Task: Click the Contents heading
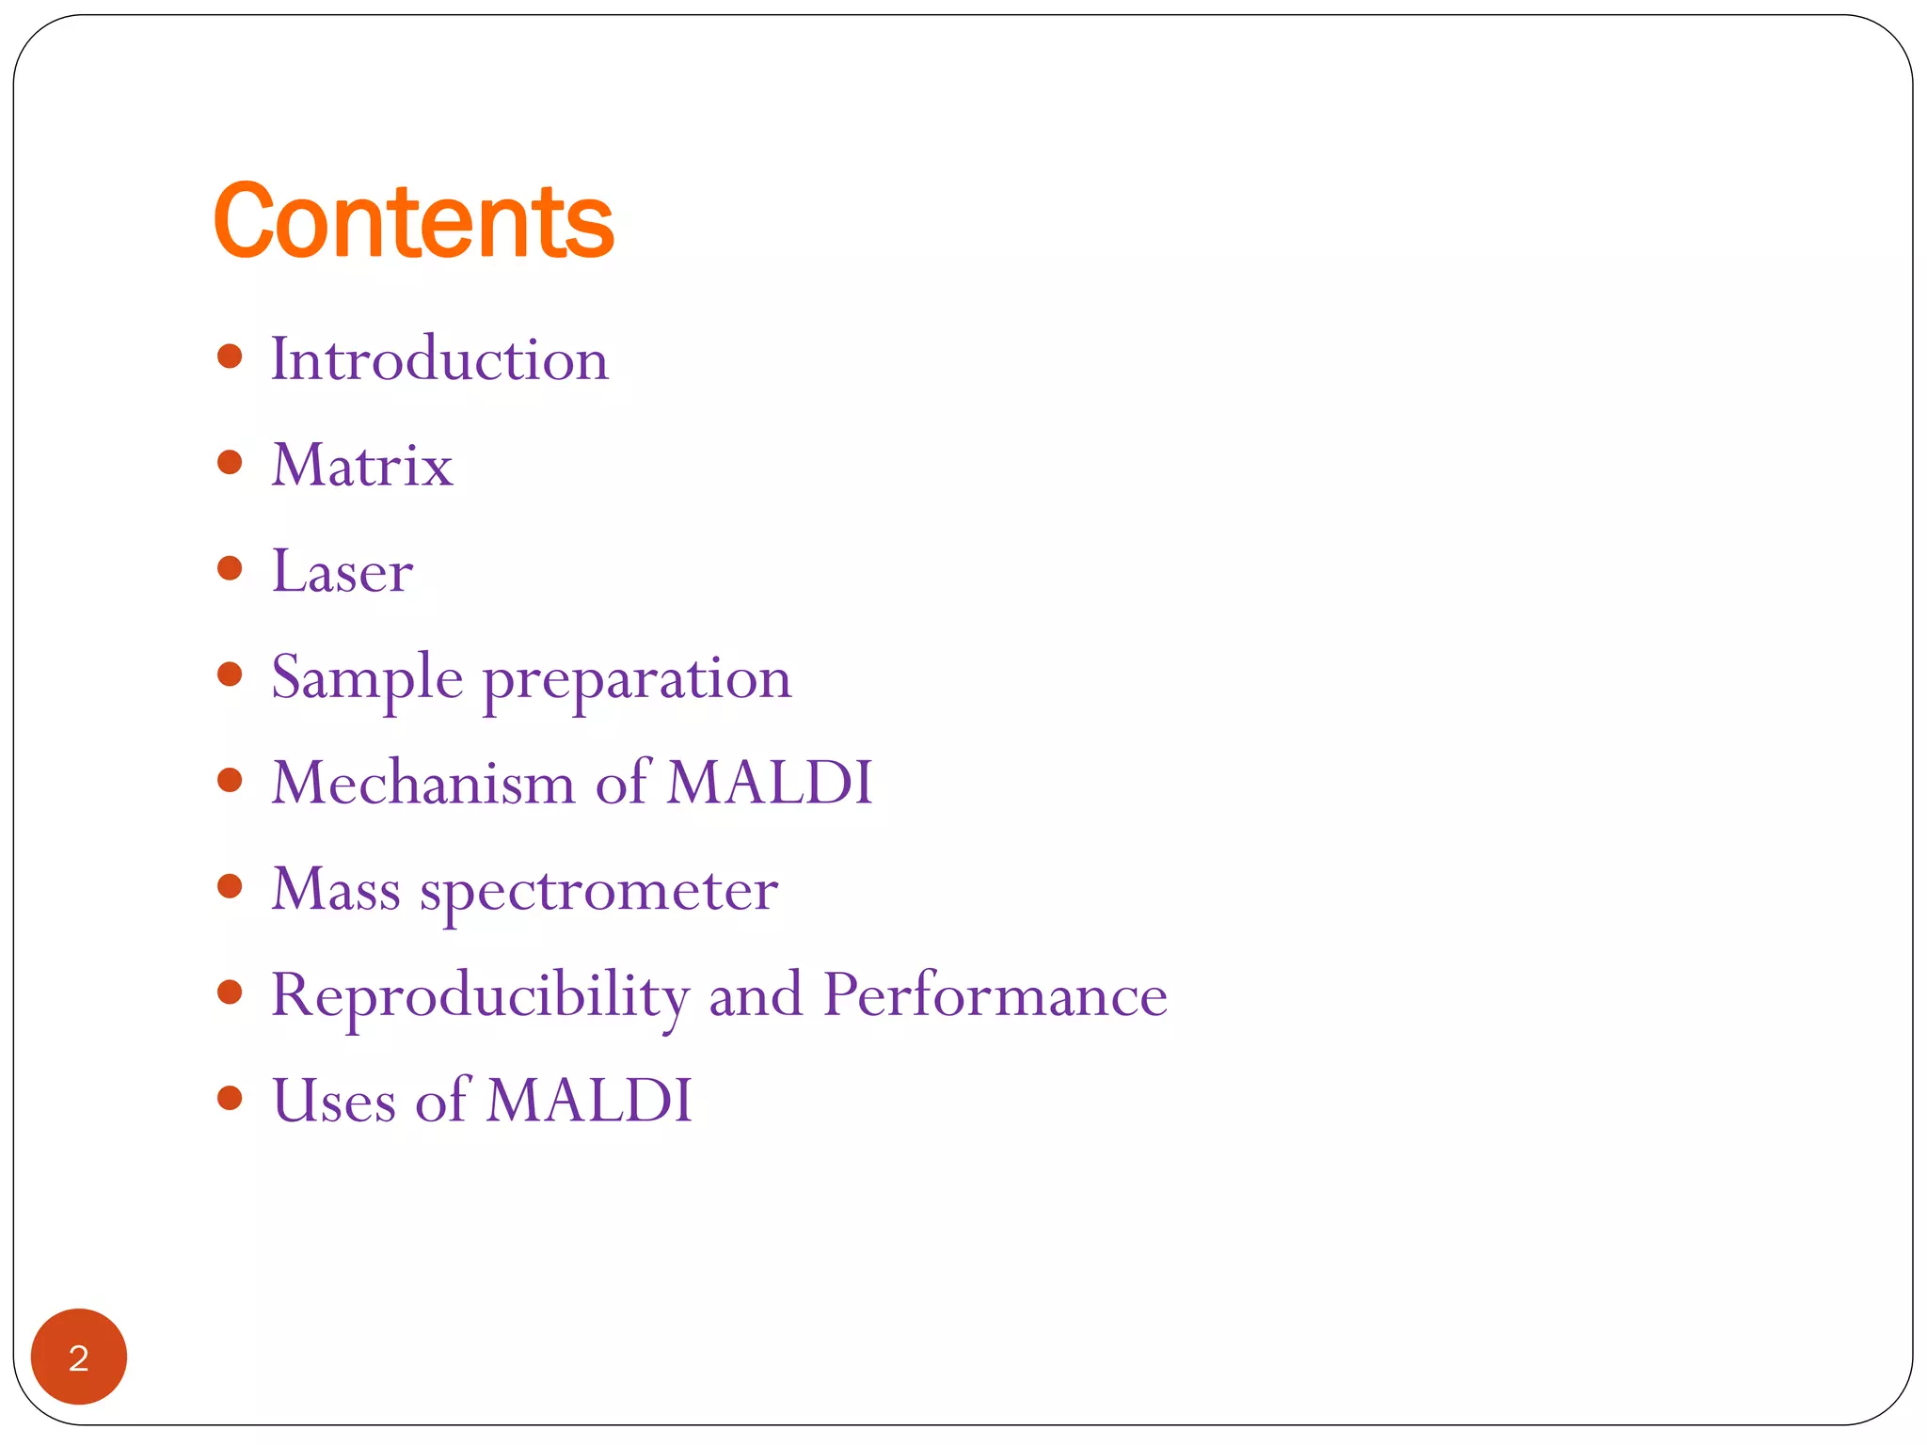click(x=413, y=222)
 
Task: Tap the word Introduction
click(x=439, y=359)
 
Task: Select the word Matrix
click(x=362, y=466)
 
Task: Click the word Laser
click(x=342, y=571)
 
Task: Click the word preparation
click(x=637, y=679)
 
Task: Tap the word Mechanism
click(x=422, y=783)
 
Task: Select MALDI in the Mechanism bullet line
click(x=770, y=783)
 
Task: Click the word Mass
click(x=336, y=889)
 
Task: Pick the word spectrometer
click(x=598, y=892)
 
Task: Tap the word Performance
click(x=995, y=995)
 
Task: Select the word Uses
click(x=333, y=1101)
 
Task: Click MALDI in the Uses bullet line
click(x=589, y=1101)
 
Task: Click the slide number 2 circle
click(x=79, y=1357)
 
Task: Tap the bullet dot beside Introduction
click(x=230, y=357)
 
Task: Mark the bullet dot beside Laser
click(x=230, y=568)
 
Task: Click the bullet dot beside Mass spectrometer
click(x=230, y=886)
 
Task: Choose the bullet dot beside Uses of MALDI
click(x=230, y=1098)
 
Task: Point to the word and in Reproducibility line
click(x=756, y=995)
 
